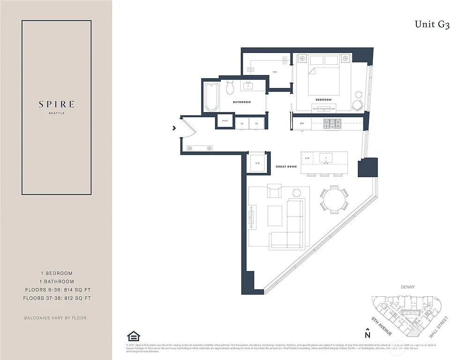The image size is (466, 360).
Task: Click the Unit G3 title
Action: [x=432, y=25]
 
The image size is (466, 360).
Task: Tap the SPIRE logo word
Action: [x=56, y=105]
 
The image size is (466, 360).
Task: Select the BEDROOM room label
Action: [x=323, y=100]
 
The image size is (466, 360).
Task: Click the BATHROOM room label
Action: [x=242, y=102]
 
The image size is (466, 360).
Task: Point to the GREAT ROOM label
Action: [x=286, y=167]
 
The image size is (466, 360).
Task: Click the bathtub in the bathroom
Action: [x=211, y=97]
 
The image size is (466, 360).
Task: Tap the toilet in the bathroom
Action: [x=230, y=88]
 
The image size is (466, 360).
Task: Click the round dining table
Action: [x=333, y=200]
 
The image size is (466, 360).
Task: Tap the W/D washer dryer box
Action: [x=257, y=163]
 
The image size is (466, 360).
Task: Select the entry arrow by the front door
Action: [x=174, y=127]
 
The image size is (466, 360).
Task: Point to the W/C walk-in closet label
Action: [x=275, y=72]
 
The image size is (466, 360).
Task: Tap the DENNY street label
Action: [x=408, y=287]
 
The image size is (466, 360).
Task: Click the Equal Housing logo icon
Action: [x=133, y=337]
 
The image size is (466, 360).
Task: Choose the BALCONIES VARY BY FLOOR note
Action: [x=56, y=318]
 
